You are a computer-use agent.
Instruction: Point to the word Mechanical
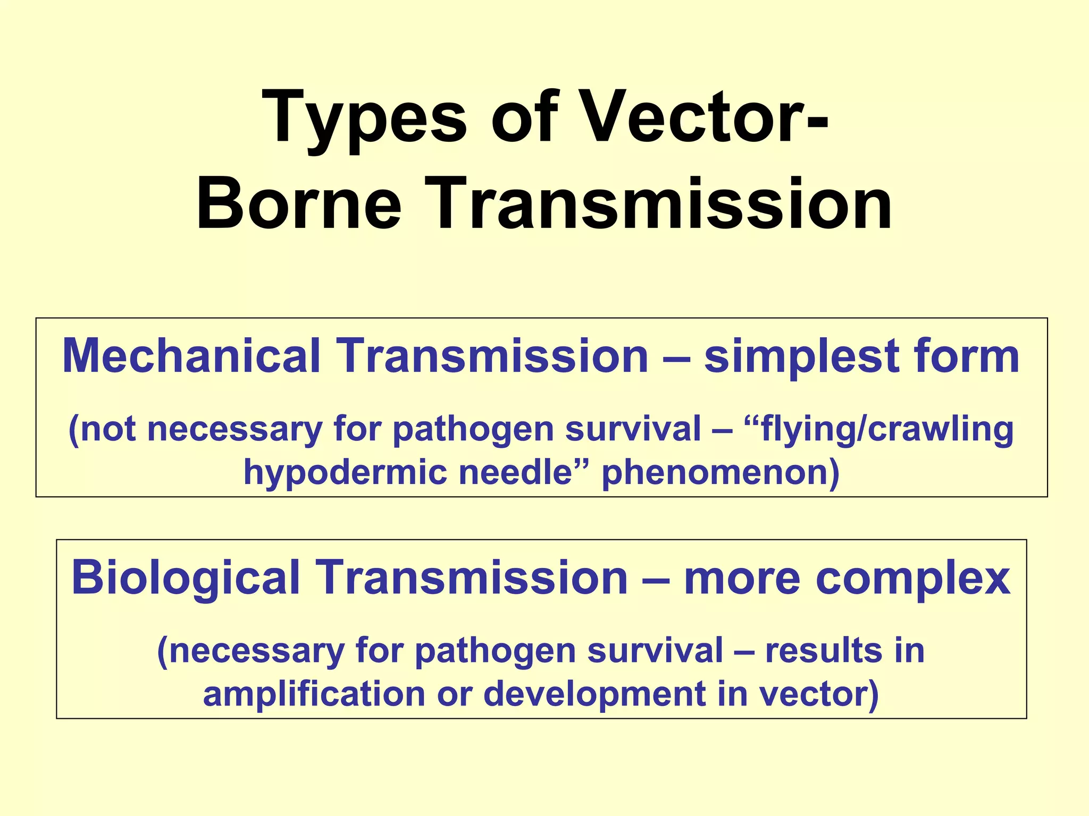click(191, 356)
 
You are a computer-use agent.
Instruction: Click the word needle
click(516, 471)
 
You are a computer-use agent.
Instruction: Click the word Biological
click(186, 578)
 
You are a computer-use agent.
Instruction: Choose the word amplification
click(314, 694)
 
